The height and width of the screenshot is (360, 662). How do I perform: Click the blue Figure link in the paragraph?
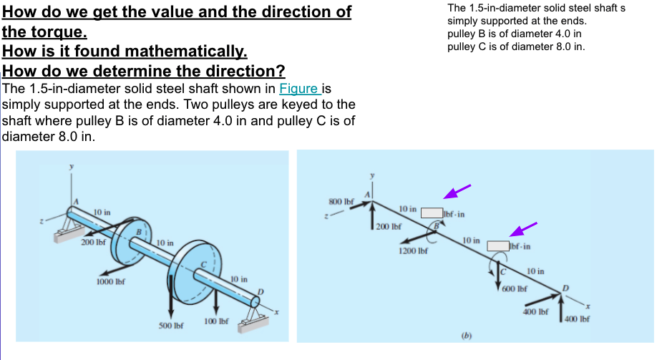click(298, 89)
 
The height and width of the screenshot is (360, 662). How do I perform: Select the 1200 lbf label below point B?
click(412, 251)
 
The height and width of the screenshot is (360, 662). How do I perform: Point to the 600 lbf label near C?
click(514, 288)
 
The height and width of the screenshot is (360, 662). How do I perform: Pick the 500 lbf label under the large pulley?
click(170, 325)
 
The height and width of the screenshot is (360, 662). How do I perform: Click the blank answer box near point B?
click(432, 213)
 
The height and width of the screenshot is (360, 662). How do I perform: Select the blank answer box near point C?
click(498, 245)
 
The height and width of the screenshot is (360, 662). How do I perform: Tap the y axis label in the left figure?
click(70, 168)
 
